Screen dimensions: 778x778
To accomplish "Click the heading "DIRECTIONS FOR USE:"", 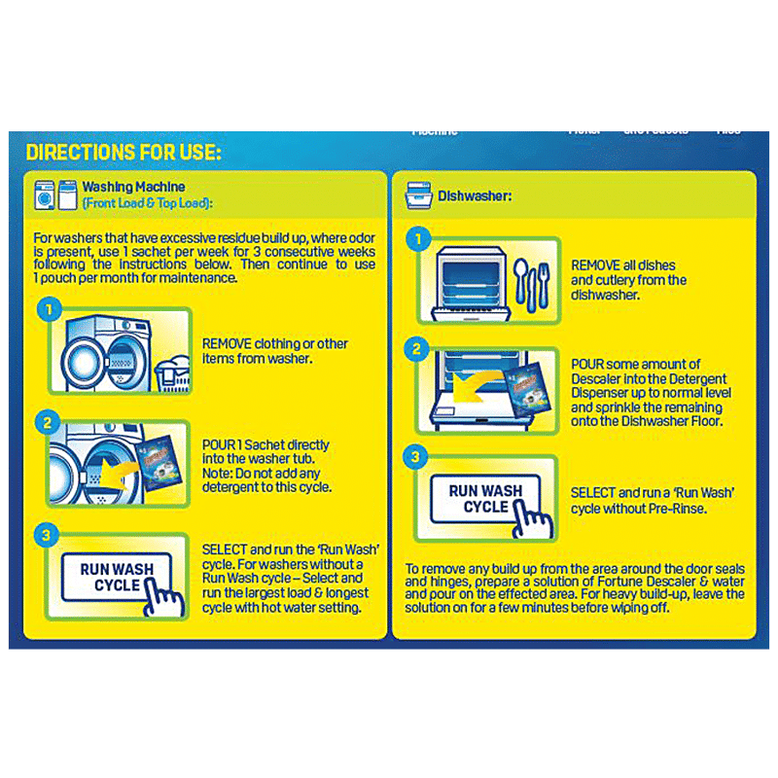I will [124, 153].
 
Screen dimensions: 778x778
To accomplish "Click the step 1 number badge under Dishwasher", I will [417, 239].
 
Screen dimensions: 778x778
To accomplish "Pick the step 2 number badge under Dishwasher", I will [417, 349].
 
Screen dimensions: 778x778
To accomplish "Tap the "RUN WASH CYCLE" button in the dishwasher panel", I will [482, 499].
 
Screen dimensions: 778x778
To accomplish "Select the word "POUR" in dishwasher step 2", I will [587, 364].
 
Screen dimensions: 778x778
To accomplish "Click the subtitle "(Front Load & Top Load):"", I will [147, 203].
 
